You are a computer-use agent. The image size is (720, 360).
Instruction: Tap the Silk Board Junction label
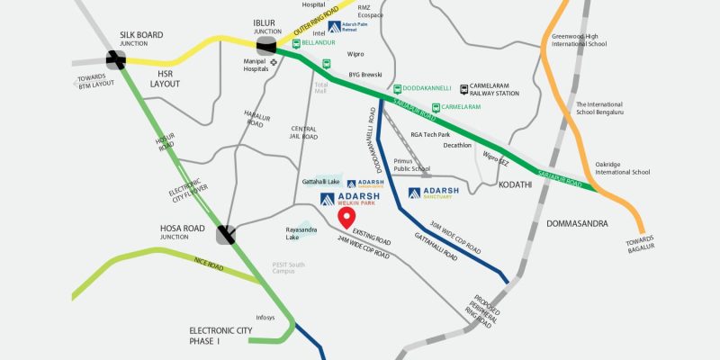pyautogui.click(x=141, y=39)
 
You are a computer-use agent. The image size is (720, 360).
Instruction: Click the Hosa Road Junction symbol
pyautogui.click(x=226, y=235)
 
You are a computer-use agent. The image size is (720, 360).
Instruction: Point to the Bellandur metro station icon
pyautogui.click(x=298, y=42)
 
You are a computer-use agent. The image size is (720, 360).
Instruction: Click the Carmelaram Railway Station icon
pyautogui.click(x=464, y=89)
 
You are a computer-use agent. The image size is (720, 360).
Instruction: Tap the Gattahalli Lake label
pyautogui.click(x=320, y=182)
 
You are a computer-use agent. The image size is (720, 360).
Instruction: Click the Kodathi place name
pyautogui.click(x=514, y=184)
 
